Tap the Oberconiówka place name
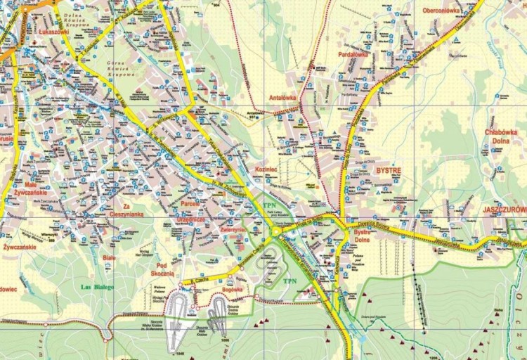[441, 11]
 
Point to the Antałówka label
[282, 98]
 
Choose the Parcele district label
[190, 203]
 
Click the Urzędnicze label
[191, 219]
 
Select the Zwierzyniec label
[232, 229]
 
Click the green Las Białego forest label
[97, 286]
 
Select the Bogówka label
[231, 288]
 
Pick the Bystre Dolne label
[362, 236]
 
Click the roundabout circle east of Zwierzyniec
[276, 230]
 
